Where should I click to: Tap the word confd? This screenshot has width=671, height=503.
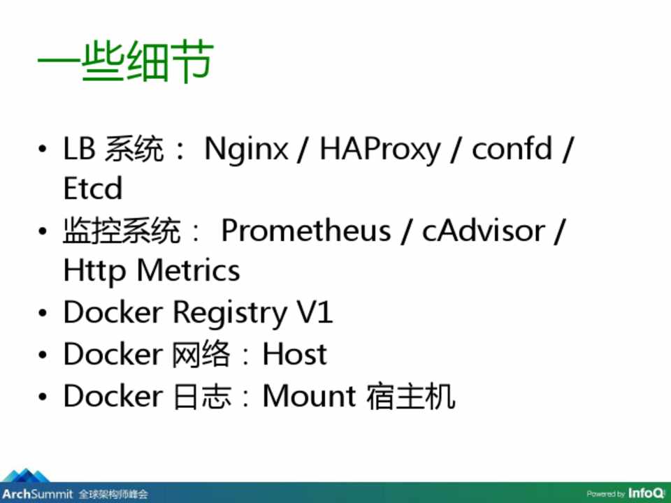[x=512, y=148]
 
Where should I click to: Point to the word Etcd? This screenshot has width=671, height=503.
[x=92, y=188]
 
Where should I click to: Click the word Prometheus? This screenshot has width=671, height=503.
[x=306, y=231]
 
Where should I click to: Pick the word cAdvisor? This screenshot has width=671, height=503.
[x=484, y=231]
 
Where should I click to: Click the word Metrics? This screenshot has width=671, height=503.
[x=188, y=270]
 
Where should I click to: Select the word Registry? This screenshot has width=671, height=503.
[x=229, y=314]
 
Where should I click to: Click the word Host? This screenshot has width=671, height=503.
[x=294, y=353]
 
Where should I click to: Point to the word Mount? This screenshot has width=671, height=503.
[x=308, y=395]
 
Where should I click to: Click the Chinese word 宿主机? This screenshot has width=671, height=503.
[x=410, y=396]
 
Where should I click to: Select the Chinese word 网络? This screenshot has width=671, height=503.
[x=201, y=353]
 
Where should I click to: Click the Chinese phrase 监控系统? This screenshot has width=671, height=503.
[x=122, y=231]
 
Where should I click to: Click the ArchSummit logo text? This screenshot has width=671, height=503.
[x=38, y=494]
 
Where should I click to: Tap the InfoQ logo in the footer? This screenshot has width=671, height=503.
[x=646, y=493]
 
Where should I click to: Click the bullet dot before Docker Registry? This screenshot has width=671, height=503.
[x=43, y=313]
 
